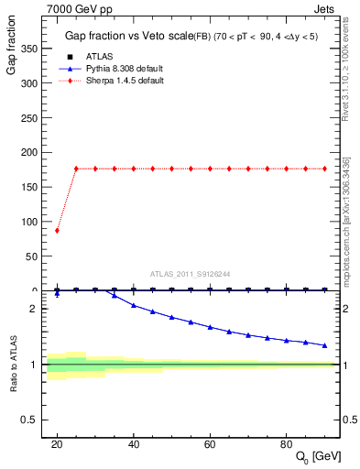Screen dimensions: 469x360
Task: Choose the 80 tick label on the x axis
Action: point(287,443)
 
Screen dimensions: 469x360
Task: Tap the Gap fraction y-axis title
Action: point(12,60)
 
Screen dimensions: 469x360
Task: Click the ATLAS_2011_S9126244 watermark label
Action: point(191,273)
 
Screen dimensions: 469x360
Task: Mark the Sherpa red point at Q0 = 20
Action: point(57,230)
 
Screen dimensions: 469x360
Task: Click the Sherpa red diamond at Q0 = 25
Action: point(76,169)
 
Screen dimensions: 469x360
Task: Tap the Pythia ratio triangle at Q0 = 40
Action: point(134,305)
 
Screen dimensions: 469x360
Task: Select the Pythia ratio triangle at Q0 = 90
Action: point(325,345)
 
